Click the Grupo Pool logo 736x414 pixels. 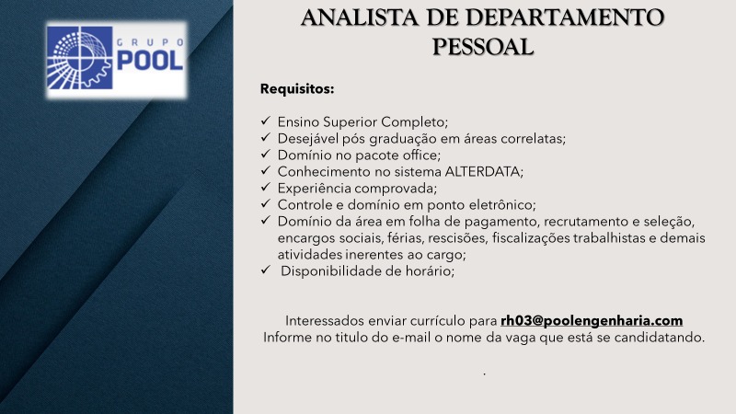coord(117,59)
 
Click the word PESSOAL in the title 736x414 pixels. coord(482,47)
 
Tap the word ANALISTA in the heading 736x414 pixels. coord(360,17)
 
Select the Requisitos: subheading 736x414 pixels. coord(297,88)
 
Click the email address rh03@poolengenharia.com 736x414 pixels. coord(592,320)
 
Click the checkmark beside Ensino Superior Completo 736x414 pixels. coord(266,121)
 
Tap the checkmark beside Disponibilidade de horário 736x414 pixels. coord(266,270)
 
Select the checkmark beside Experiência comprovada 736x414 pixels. coord(266,187)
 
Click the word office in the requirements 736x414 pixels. coord(421,155)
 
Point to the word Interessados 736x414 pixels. coord(325,320)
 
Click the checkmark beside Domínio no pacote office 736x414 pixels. coord(266,154)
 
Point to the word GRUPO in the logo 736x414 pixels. coord(150,42)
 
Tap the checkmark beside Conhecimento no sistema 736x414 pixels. coord(266,170)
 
